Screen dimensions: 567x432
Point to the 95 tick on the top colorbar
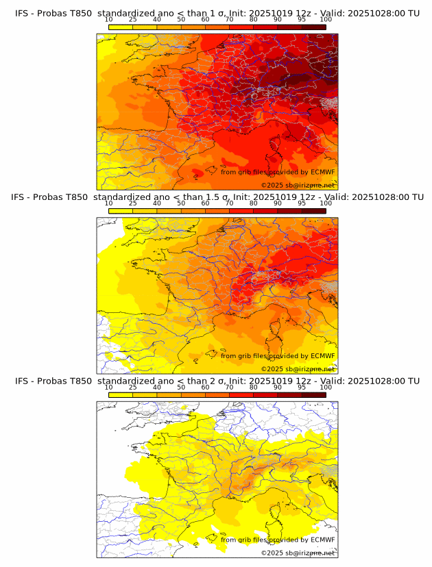302,19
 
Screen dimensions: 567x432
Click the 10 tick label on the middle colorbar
109,203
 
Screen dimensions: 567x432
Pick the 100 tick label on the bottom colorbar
326,387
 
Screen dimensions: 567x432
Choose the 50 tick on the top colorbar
181,19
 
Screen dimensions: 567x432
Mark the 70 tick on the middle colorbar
229,203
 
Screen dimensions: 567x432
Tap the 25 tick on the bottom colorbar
133,387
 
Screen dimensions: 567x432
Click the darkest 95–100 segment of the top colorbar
314,27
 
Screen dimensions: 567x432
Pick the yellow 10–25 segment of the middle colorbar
121,211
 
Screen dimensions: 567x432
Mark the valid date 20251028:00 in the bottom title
379,381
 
